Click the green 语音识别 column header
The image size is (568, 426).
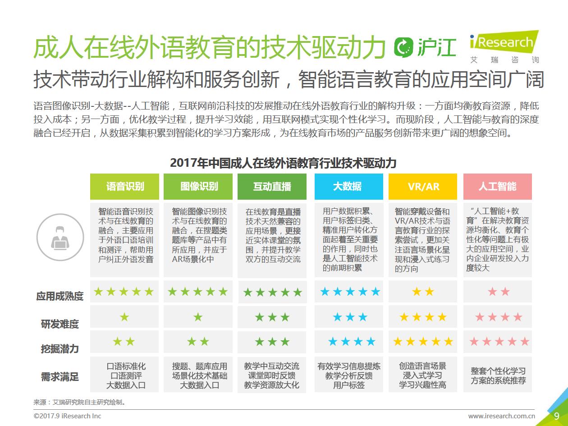coord(125,187)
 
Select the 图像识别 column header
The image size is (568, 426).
coord(199,187)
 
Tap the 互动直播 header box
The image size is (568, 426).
coord(272,187)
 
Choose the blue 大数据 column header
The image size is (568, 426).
coord(347,187)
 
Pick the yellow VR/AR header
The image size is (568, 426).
coord(423,187)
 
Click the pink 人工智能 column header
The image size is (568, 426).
coord(497,187)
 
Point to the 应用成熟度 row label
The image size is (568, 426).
coord(60,296)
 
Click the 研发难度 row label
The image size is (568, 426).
coord(60,324)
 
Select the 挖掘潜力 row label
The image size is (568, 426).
coord(60,349)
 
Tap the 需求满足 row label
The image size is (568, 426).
coord(60,376)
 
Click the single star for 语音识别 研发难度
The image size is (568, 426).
coord(124,317)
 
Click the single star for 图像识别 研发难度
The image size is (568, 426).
coord(198,317)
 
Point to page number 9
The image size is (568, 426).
coord(557,415)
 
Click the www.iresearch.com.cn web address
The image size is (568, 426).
coord(501,416)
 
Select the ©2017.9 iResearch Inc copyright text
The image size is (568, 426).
coord(68,416)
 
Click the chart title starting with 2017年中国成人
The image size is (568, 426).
coord(283,163)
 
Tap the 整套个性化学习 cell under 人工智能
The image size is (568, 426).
coord(498,376)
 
